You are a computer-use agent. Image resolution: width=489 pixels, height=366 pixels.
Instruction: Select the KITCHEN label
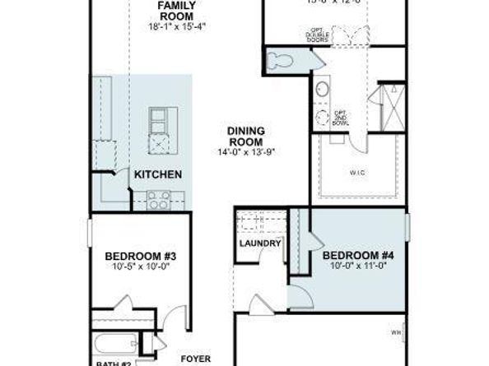[157, 174]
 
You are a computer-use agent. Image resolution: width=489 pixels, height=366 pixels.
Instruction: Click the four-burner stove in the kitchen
[158, 198]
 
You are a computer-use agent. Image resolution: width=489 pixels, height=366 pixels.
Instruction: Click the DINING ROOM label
[245, 136]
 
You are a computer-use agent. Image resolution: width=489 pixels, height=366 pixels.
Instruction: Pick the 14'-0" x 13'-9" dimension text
[245, 152]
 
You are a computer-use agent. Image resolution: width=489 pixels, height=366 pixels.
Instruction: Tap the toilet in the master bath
[279, 59]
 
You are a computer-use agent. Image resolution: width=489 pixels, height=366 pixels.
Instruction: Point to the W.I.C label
[358, 173]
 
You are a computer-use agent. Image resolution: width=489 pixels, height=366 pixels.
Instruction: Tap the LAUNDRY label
[260, 244]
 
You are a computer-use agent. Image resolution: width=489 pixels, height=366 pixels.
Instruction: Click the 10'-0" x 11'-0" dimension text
[357, 266]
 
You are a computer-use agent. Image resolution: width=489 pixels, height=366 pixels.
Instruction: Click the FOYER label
[194, 359]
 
